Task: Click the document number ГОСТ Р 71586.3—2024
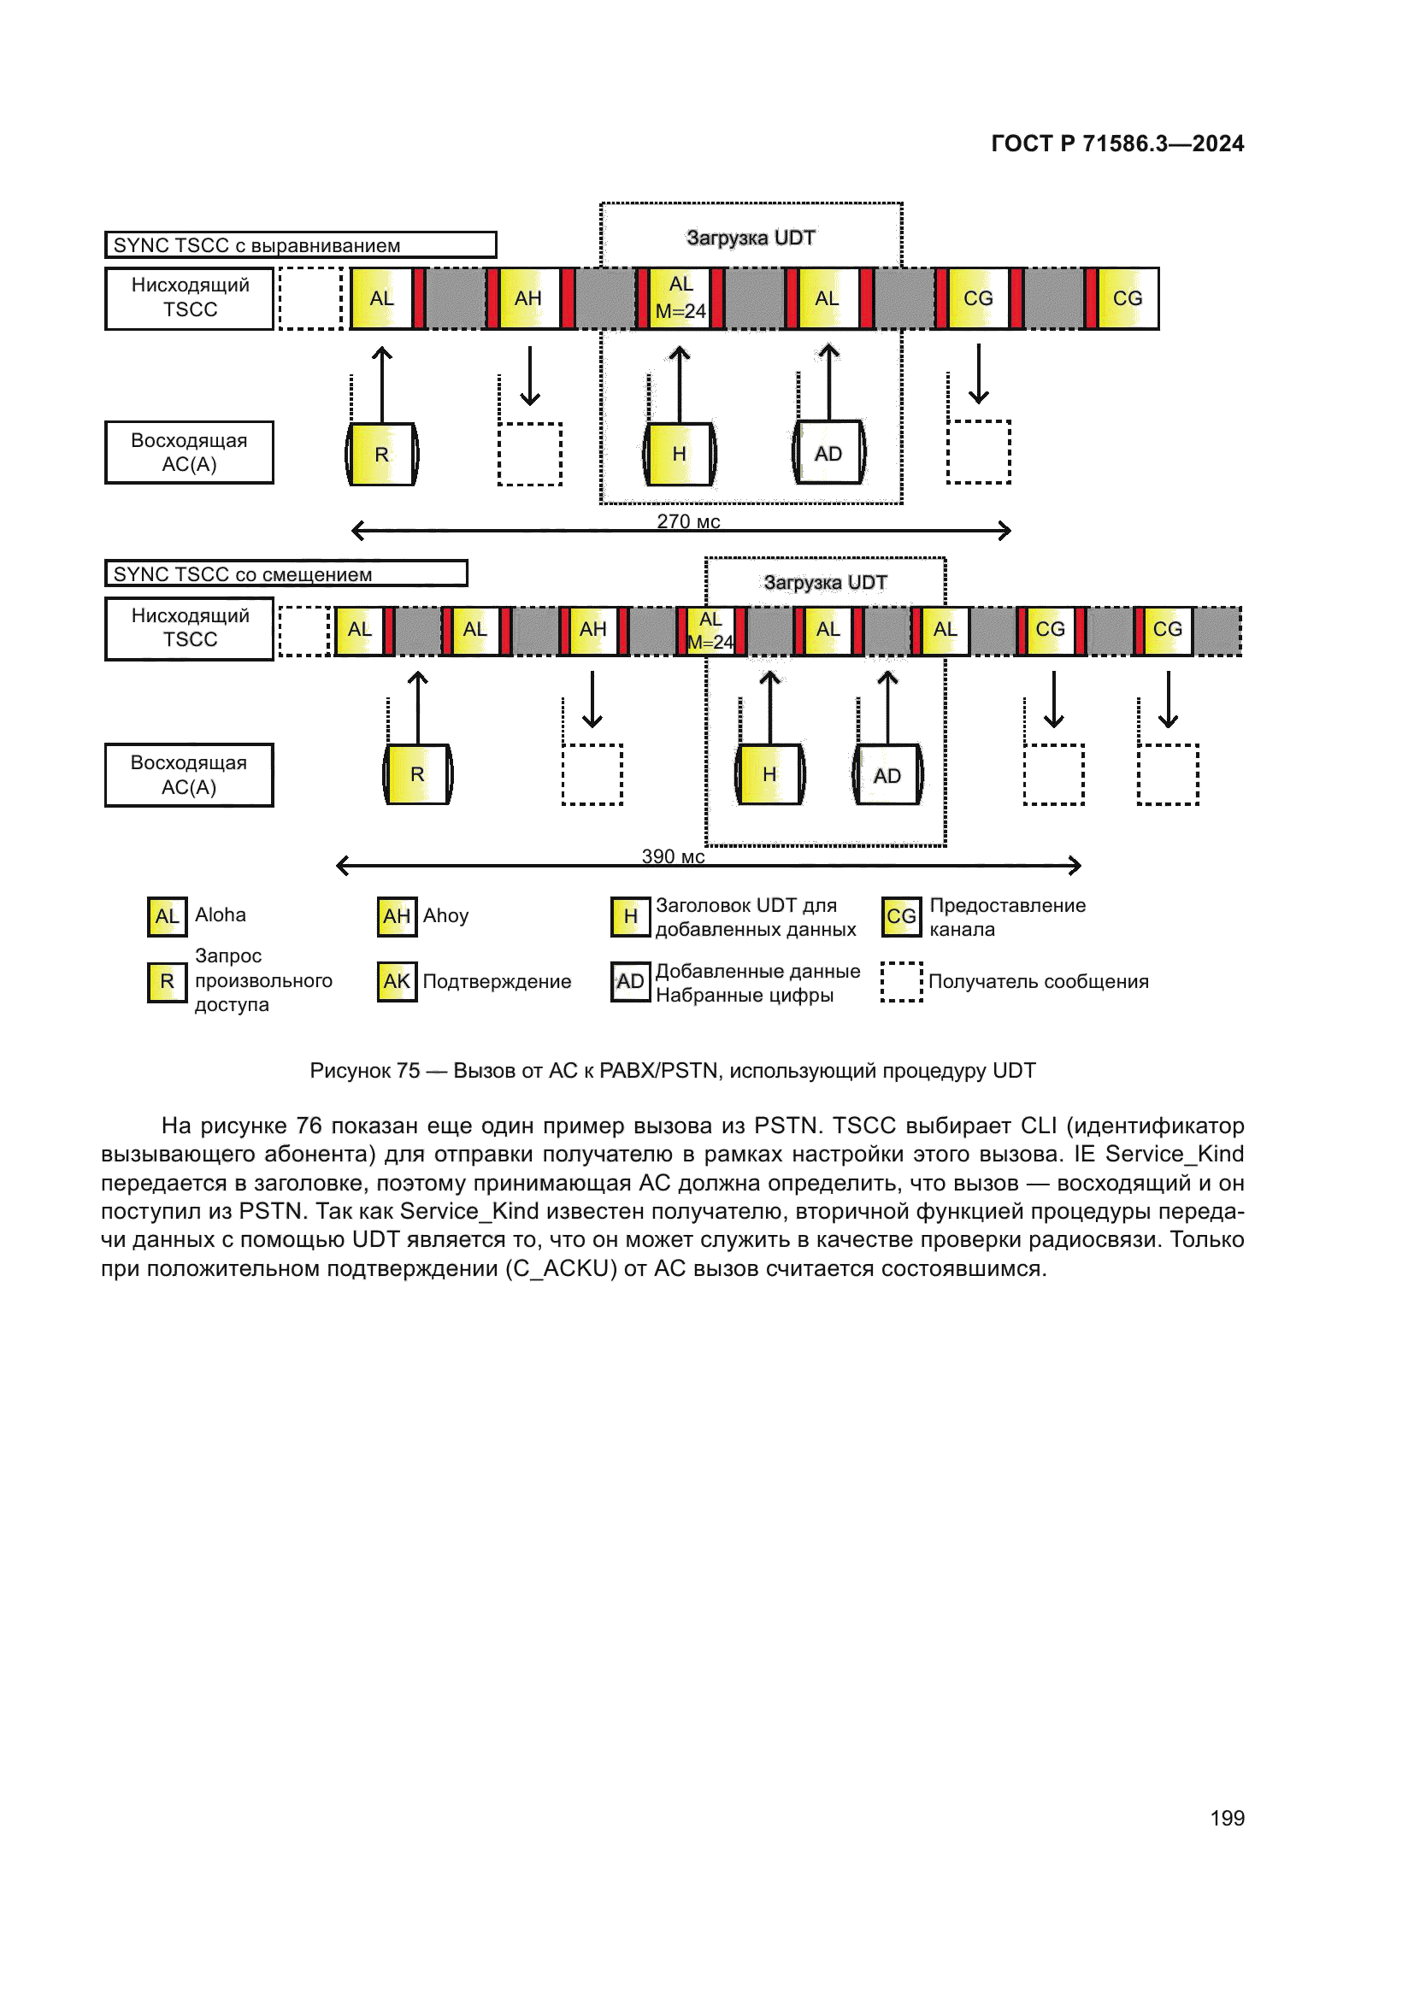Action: click(x=1117, y=144)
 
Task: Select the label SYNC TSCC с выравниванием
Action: click(x=256, y=245)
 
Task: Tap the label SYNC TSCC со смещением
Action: click(x=242, y=574)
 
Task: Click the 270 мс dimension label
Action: click(x=688, y=520)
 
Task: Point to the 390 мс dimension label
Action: click(x=672, y=855)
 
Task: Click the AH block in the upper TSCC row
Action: click(x=527, y=298)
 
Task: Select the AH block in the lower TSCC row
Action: click(x=592, y=630)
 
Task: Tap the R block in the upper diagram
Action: click(x=381, y=455)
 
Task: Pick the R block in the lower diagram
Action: click(x=417, y=775)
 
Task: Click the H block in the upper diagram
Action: click(x=679, y=455)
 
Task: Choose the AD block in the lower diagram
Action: click(x=887, y=776)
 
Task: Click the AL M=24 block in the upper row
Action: click(x=680, y=297)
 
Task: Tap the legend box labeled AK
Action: click(x=396, y=982)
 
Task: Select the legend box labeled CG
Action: click(x=900, y=917)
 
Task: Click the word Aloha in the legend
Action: click(x=221, y=915)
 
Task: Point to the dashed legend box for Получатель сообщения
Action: click(x=900, y=982)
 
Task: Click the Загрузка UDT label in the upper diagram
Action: click(x=751, y=238)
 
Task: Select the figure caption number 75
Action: click(x=408, y=1071)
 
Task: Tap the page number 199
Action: click(x=1227, y=1818)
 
